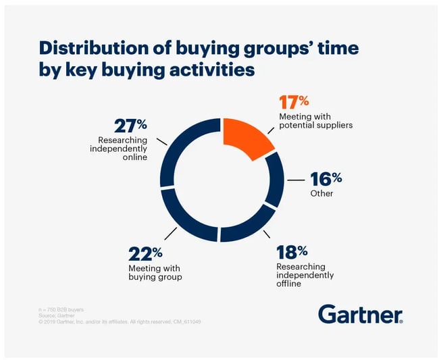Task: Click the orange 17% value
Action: point(294,102)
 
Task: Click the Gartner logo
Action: point(360,313)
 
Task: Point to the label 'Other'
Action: point(321,193)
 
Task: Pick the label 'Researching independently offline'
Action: point(306,276)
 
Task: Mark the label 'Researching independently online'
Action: point(121,149)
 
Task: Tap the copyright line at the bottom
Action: point(120,322)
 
